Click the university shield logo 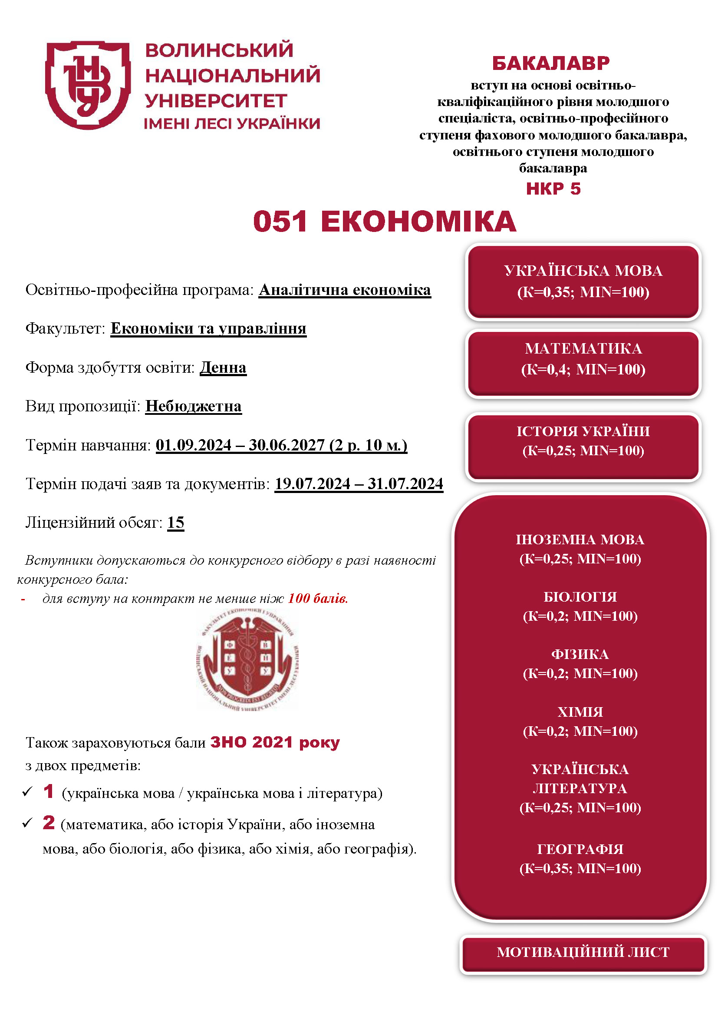tap(88, 85)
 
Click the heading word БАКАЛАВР tap(551, 63)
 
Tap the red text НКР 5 tap(553, 189)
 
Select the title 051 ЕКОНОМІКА tap(384, 222)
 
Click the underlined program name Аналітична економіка tap(344, 290)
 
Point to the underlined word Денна tap(223, 368)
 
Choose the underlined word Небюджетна tap(193, 406)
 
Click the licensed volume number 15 tap(175, 523)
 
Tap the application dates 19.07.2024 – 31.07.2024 tap(359, 484)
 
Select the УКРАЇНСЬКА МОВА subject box tap(583, 281)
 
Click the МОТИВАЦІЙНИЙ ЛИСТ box tap(583, 952)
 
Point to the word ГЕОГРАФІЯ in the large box tap(580, 849)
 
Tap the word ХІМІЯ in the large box tap(580, 712)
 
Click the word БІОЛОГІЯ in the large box tap(580, 597)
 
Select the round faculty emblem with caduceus tap(247, 660)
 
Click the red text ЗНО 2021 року tap(274, 742)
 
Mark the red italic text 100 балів tap(318, 599)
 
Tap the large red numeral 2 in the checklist tap(49, 823)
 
